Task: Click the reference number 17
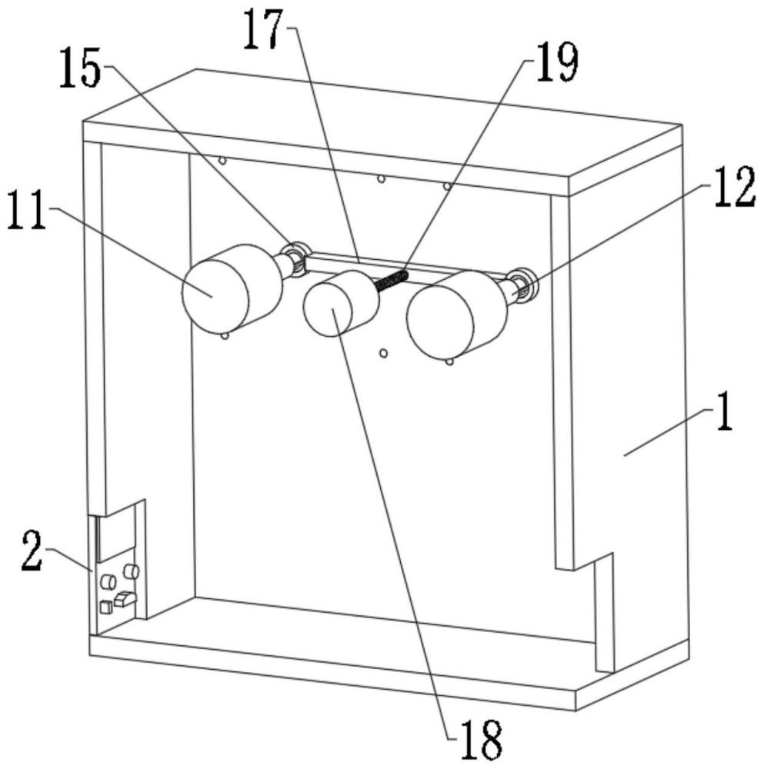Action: [x=265, y=30]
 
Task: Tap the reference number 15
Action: [x=81, y=68]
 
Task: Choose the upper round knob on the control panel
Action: [x=131, y=571]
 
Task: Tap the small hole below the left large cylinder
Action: [x=225, y=337]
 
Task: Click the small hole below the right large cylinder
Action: [x=449, y=362]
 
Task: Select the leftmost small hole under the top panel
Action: [x=222, y=161]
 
